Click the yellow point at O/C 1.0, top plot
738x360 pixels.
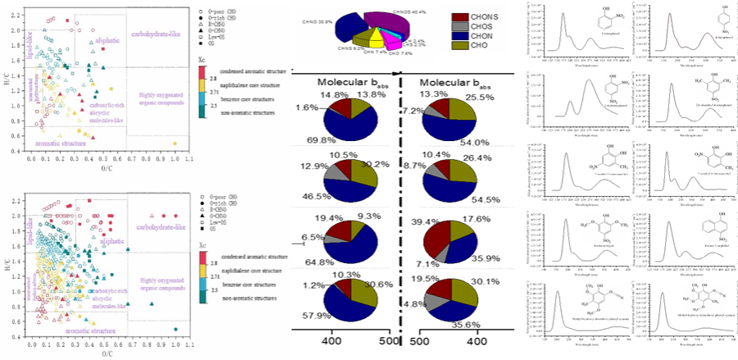coord(175,144)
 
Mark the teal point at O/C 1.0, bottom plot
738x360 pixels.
coord(175,329)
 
